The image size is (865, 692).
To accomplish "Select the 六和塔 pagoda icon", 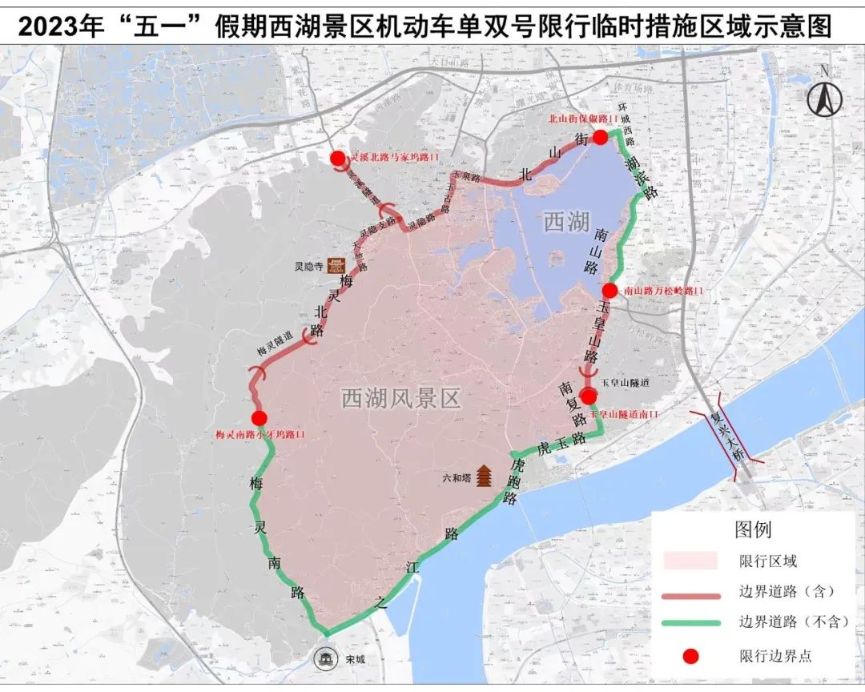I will point(485,477).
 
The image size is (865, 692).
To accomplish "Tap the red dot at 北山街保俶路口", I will point(600,137).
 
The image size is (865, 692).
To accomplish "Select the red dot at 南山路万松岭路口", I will point(610,290).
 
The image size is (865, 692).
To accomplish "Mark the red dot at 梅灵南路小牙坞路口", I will point(259,418).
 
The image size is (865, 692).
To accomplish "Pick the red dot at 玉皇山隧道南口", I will point(589,396).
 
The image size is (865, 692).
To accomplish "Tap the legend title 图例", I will point(753,529).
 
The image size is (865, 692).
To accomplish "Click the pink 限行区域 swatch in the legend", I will point(694,561).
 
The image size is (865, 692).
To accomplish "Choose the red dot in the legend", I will point(690,656).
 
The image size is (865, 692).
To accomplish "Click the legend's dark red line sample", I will point(694,593).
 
